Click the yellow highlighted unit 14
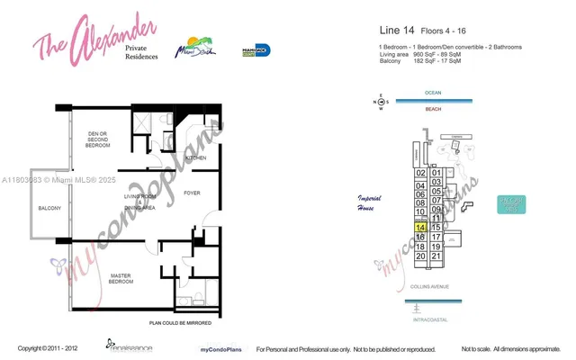tap(420, 228)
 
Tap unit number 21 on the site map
tap(436, 256)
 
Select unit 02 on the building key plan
tap(420, 173)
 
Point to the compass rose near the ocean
tap(381, 103)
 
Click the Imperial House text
tap(370, 202)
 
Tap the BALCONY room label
tap(49, 209)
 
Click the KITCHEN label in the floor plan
tap(196, 158)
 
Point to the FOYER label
tap(192, 193)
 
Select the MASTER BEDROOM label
tap(122, 279)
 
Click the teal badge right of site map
tap(510, 205)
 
